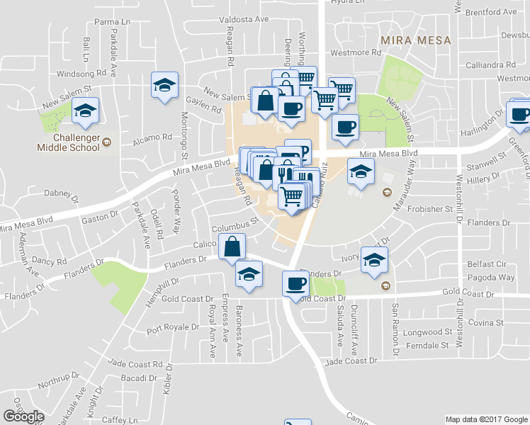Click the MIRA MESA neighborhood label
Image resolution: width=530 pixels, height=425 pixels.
(415, 40)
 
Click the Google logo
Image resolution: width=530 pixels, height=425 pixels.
(23, 416)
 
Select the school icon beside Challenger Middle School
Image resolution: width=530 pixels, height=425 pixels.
(85, 111)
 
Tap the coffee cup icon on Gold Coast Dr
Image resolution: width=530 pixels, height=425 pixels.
(295, 283)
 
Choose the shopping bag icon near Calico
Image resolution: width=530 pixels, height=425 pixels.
(232, 248)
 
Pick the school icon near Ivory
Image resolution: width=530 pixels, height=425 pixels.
(374, 260)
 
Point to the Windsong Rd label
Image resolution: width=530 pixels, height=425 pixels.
(81, 73)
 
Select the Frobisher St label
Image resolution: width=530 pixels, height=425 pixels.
(429, 210)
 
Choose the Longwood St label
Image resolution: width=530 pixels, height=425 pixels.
(427, 332)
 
